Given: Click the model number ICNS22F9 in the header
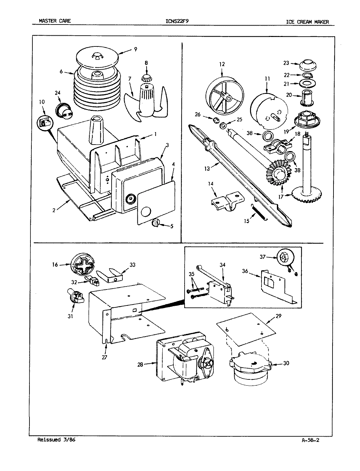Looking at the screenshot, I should pyautogui.click(x=177, y=22).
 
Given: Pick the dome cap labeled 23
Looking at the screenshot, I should pyautogui.click(x=308, y=64).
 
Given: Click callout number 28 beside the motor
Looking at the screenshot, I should pyautogui.click(x=140, y=364).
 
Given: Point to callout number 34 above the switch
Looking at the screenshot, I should pyautogui.click(x=223, y=264).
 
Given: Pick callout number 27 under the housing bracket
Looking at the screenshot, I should pyautogui.click(x=104, y=357).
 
